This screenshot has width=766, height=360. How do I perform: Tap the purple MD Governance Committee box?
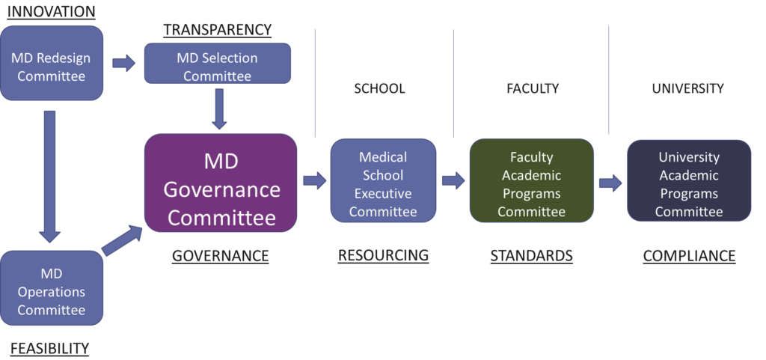(x=221, y=183)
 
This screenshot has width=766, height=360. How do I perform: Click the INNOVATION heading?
(x=52, y=12)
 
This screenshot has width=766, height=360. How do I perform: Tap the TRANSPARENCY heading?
(x=218, y=31)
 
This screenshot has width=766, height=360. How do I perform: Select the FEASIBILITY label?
(x=49, y=348)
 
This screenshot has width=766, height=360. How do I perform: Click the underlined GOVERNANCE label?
(x=220, y=256)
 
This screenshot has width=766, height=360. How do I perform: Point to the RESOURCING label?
(x=383, y=256)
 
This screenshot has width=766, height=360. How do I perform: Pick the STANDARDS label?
(x=531, y=256)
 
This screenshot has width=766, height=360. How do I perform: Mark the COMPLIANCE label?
(x=689, y=256)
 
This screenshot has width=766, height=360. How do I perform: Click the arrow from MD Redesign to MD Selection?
(x=124, y=63)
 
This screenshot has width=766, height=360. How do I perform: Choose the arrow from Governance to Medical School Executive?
(x=315, y=180)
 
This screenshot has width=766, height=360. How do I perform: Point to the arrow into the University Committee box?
(x=610, y=183)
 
